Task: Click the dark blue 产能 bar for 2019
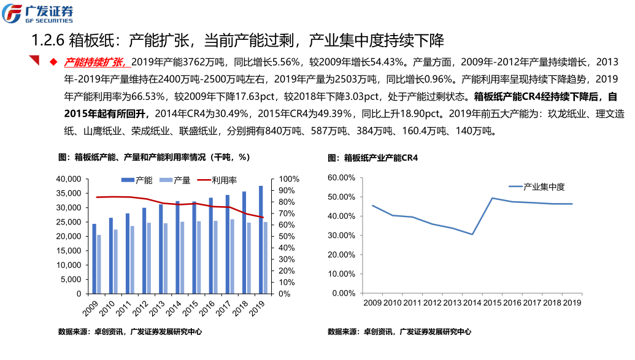pos(260,239)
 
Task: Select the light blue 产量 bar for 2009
pos(99,264)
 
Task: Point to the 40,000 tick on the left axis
pos(68,179)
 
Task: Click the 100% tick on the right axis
pos(288,179)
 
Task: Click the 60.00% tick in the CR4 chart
pos(342,177)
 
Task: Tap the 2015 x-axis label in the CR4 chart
pos(492,302)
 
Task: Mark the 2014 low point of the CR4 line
pos(472,234)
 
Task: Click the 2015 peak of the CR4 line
pos(492,198)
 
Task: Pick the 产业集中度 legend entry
pos(543,186)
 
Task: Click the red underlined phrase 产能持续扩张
pos(97,62)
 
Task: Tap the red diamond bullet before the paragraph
pos(53,62)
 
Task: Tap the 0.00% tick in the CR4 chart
pos(343,293)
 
